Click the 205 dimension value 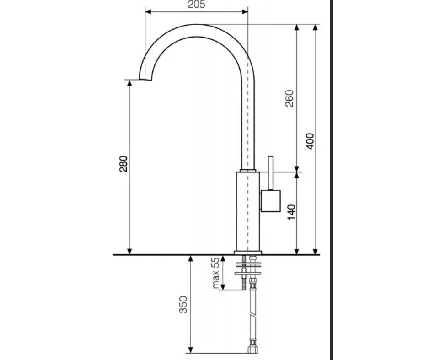pos(196,4)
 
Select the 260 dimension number pos(289,98)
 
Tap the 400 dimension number pos(310,141)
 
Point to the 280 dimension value pos(123,164)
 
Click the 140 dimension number pos(291,212)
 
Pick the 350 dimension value pos(183,305)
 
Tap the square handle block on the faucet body pos(270,201)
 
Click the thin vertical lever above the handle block pos(271,173)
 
